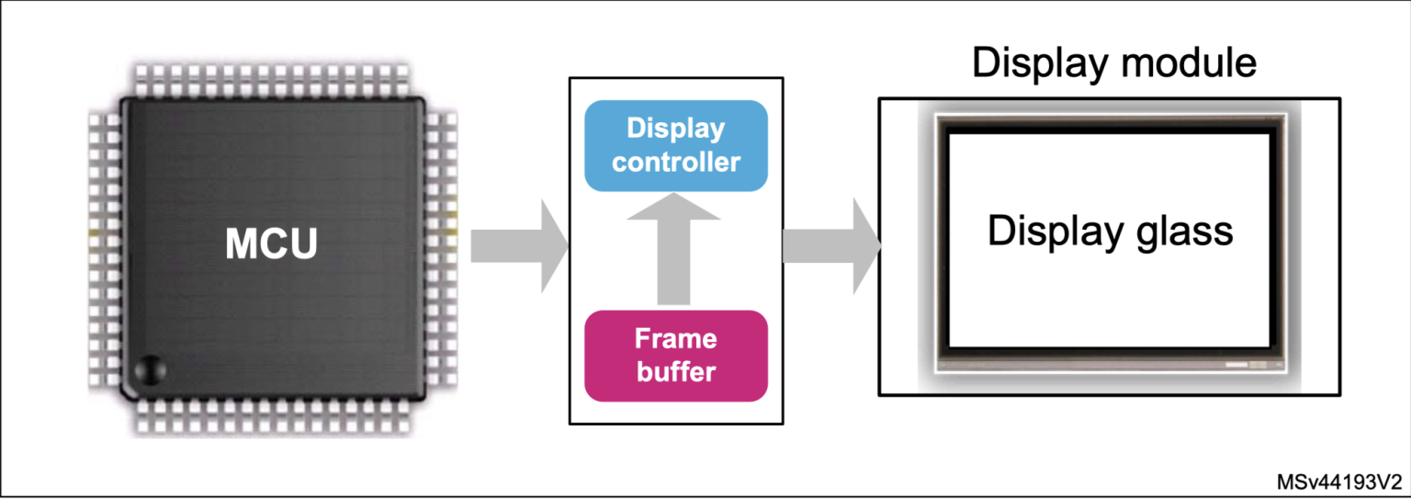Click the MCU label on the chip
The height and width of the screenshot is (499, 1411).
click(272, 244)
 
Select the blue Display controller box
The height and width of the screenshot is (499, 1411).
click(676, 145)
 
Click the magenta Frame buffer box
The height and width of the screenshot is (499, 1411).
click(676, 356)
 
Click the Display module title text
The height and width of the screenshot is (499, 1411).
click(1113, 64)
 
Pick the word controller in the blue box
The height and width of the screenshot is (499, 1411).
click(676, 163)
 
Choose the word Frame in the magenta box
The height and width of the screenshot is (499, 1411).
click(676, 339)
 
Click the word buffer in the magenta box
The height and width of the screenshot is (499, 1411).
click(676, 372)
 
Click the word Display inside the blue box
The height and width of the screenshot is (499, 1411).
click(676, 129)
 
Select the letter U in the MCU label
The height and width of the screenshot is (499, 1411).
click(302, 244)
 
